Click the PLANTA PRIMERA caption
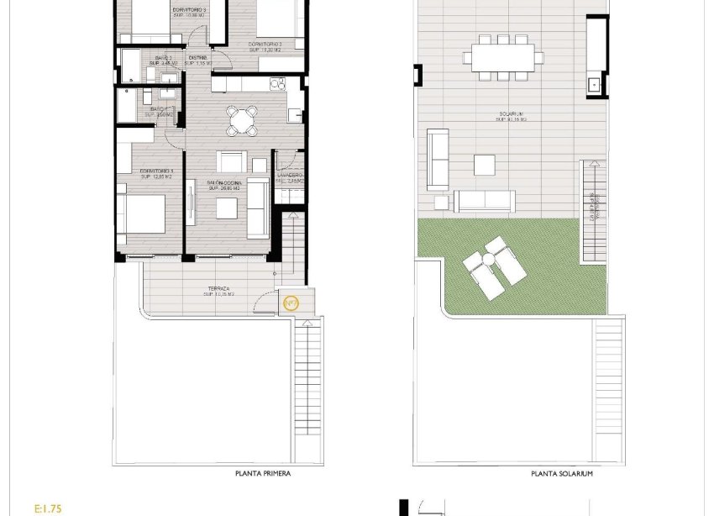click(263, 474)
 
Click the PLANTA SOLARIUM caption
click(562, 474)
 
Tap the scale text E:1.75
click(50, 508)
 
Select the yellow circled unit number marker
click(291, 303)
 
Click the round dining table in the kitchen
click(242, 120)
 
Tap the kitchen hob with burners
click(277, 84)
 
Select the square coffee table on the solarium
click(486, 164)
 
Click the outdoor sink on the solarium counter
click(596, 83)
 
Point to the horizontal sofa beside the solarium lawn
click(485, 201)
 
